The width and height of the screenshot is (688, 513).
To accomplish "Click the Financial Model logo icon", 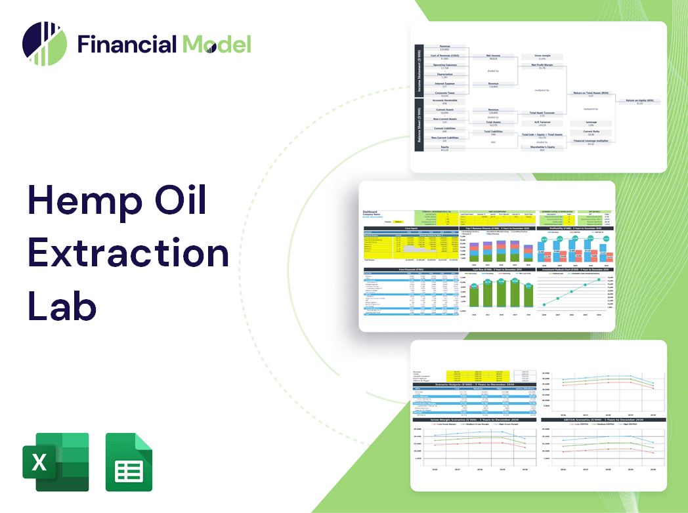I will (x=45, y=45).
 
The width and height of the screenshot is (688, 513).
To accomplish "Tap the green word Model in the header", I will (x=217, y=45).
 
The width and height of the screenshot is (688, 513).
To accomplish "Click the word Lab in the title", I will (x=62, y=306).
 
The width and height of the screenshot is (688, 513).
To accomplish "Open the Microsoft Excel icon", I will (x=56, y=462).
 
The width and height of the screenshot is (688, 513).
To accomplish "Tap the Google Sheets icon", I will (x=129, y=462).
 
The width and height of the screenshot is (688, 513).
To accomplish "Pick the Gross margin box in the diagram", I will (x=542, y=57).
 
